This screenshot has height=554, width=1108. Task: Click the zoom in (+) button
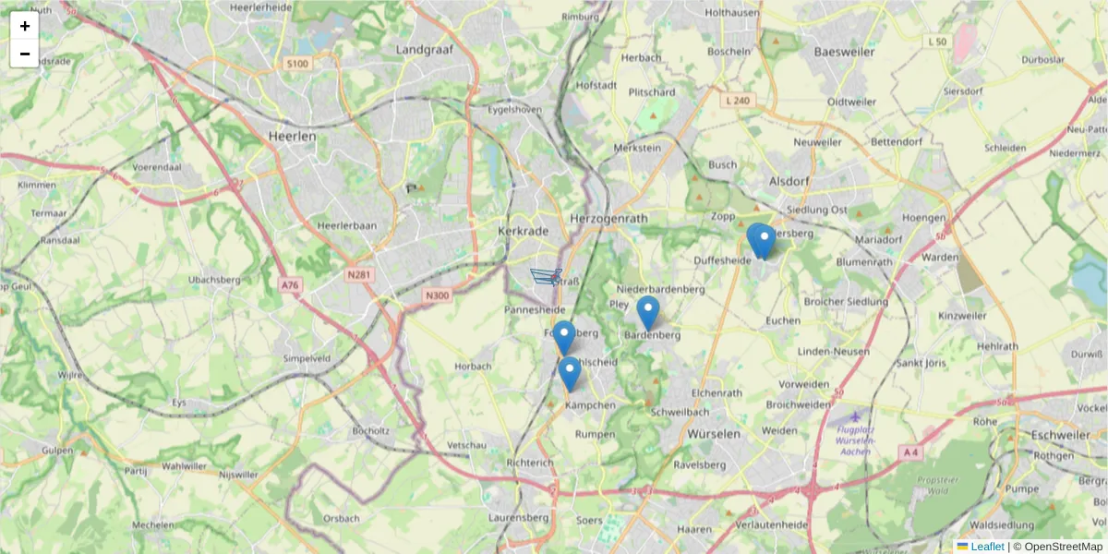tap(25, 26)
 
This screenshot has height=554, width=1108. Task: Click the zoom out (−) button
tap(25, 54)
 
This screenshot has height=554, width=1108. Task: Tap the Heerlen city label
tap(292, 136)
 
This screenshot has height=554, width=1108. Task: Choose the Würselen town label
tap(714, 433)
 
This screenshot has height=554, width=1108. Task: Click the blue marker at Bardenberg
tap(648, 312)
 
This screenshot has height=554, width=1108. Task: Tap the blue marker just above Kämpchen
tap(570, 372)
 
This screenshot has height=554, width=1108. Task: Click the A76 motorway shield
tap(291, 286)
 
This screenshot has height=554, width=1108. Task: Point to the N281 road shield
tap(359, 275)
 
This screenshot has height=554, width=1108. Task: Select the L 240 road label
tap(738, 100)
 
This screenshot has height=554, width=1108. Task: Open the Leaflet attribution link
tap(986, 547)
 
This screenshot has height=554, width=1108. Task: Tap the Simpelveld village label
tap(307, 357)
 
